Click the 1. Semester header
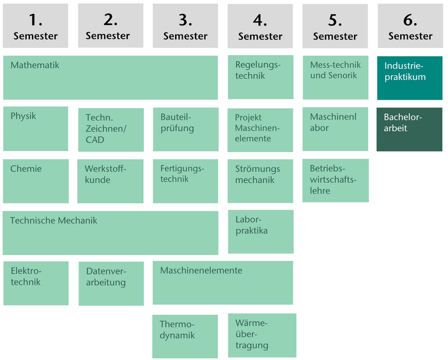[35, 26]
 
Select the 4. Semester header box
[260, 26]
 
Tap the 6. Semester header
[410, 26]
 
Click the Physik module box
[35, 129]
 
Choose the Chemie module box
[35, 181]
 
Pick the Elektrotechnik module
[35, 283]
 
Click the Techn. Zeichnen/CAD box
[111, 130]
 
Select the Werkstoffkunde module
[111, 181]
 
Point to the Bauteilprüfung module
[185, 129]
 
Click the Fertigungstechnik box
[185, 181]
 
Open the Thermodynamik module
[185, 336]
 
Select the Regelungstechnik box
[260, 77]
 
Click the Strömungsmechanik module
[260, 181]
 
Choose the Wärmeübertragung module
[262, 335]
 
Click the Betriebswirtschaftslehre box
[336, 180]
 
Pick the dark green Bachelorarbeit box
[409, 129]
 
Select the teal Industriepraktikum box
[410, 78]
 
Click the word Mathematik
[35, 65]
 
